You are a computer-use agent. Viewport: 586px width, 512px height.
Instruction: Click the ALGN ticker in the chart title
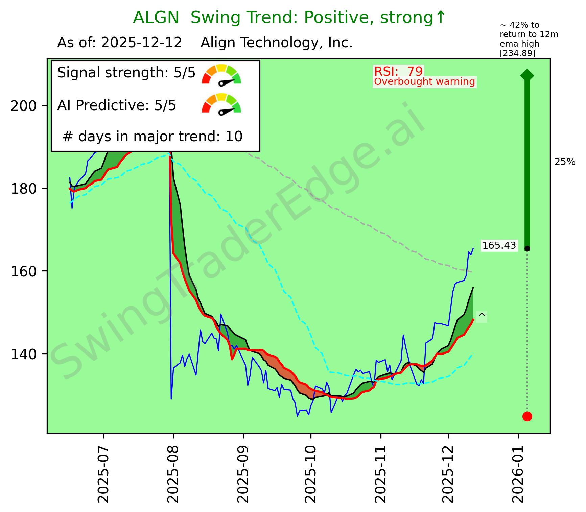(156, 18)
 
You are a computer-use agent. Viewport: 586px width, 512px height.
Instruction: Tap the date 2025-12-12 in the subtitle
(142, 43)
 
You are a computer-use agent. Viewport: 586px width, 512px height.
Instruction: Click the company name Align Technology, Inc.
(277, 43)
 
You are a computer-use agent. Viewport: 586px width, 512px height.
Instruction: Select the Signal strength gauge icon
(221, 74)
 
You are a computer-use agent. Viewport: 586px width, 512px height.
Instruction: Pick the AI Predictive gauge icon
(221, 103)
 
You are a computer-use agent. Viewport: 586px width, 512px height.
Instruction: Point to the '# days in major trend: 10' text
(153, 137)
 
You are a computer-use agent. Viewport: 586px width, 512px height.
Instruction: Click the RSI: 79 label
(398, 71)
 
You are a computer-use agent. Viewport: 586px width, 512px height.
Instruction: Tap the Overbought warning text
(424, 82)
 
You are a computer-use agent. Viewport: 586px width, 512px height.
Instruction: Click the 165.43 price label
(499, 245)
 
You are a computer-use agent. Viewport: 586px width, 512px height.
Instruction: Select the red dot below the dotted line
(527, 416)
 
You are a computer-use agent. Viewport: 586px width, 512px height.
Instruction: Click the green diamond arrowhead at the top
(527, 75)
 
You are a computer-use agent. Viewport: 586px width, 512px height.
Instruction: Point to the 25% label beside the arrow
(565, 162)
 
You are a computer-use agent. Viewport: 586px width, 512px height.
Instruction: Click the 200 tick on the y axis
(23, 106)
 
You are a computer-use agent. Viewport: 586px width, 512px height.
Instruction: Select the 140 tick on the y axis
(23, 354)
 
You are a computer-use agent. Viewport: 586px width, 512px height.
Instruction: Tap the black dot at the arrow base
(527, 249)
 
